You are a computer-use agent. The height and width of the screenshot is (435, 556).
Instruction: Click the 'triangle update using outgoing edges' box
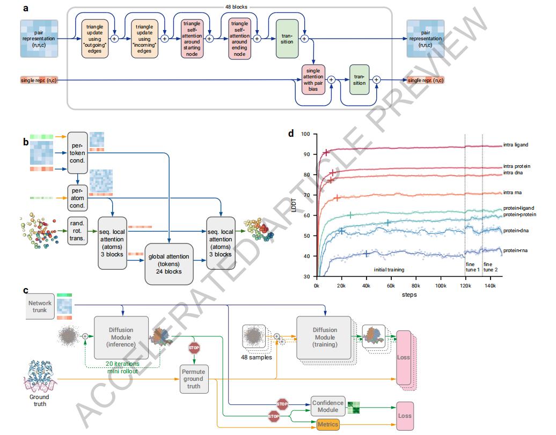point(94,39)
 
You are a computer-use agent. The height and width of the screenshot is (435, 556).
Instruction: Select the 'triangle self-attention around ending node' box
point(239,39)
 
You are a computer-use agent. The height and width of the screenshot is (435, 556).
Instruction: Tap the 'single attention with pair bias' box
point(313,80)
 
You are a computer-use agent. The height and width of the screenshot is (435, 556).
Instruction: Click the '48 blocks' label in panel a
point(236,7)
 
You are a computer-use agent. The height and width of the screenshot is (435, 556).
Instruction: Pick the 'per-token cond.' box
point(77,153)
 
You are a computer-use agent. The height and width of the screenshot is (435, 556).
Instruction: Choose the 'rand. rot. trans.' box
point(77,231)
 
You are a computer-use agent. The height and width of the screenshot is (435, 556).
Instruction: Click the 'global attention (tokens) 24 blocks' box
point(169,264)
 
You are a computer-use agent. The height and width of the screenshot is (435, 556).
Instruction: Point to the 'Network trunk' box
point(40,306)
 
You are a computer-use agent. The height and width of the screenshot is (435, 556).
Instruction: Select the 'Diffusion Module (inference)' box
point(121,337)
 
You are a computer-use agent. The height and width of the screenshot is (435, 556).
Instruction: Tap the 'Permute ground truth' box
point(194,379)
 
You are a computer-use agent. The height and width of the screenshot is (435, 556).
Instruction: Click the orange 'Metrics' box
point(327,424)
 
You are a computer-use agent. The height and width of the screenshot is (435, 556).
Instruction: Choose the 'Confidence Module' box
point(328,406)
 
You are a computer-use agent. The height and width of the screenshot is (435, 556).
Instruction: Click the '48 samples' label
point(257,357)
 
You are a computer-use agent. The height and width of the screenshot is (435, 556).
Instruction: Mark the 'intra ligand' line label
point(516,145)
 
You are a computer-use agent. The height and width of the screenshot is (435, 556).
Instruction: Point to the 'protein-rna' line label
point(515,250)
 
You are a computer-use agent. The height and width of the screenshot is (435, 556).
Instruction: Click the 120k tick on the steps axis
point(465,285)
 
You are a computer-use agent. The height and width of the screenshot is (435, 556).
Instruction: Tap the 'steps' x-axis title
point(409,294)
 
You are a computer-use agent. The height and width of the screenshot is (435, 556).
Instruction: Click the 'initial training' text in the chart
point(389,270)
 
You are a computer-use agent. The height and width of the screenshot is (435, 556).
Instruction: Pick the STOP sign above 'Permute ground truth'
point(194,348)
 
